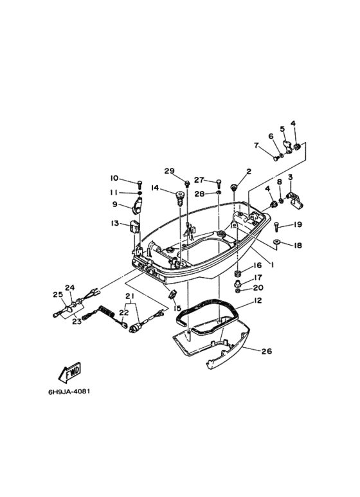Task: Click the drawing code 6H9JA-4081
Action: tap(69, 392)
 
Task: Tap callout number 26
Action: tap(267, 351)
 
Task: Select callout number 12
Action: tap(258, 300)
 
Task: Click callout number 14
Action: tap(155, 188)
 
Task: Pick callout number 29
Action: tap(170, 171)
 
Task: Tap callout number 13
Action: tap(114, 224)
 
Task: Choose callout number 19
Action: tap(297, 224)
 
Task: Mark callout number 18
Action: tap(298, 246)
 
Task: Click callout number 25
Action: tap(58, 294)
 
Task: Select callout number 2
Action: tap(249, 172)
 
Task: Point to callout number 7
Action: tap(256, 145)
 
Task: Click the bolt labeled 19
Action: tap(276, 226)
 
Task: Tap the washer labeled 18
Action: tap(276, 242)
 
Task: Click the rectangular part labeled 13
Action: tap(135, 226)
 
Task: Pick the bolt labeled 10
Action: tap(140, 183)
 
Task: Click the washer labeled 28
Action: tap(219, 193)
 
